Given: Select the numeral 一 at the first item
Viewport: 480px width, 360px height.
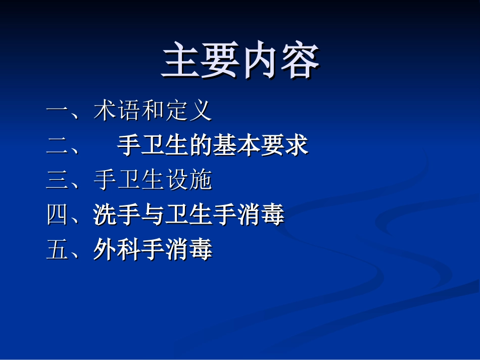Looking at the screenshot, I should [57, 111].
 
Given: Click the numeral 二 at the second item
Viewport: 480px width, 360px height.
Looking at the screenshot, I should [57, 146].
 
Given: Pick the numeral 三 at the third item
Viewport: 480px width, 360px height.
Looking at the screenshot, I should [57, 180].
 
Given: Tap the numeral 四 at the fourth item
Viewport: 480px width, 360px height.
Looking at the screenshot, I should [57, 215].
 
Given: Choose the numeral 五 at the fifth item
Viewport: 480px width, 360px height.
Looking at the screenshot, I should [57, 250].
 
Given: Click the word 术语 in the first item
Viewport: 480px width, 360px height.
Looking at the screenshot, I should [117, 111].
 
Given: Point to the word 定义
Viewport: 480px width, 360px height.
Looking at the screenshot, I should [187, 111].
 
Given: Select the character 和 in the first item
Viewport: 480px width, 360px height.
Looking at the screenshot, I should [152, 111].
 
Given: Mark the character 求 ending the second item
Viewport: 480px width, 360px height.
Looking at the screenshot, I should [297, 146].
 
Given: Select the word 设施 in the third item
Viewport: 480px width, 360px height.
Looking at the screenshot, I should [188, 180].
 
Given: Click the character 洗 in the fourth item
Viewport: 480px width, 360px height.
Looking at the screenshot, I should [105, 215].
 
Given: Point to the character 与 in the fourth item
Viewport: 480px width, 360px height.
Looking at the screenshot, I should [153, 215].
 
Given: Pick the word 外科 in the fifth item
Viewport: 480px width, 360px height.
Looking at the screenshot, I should [117, 250].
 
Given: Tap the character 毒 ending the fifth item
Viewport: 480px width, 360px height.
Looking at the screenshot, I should [201, 250].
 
